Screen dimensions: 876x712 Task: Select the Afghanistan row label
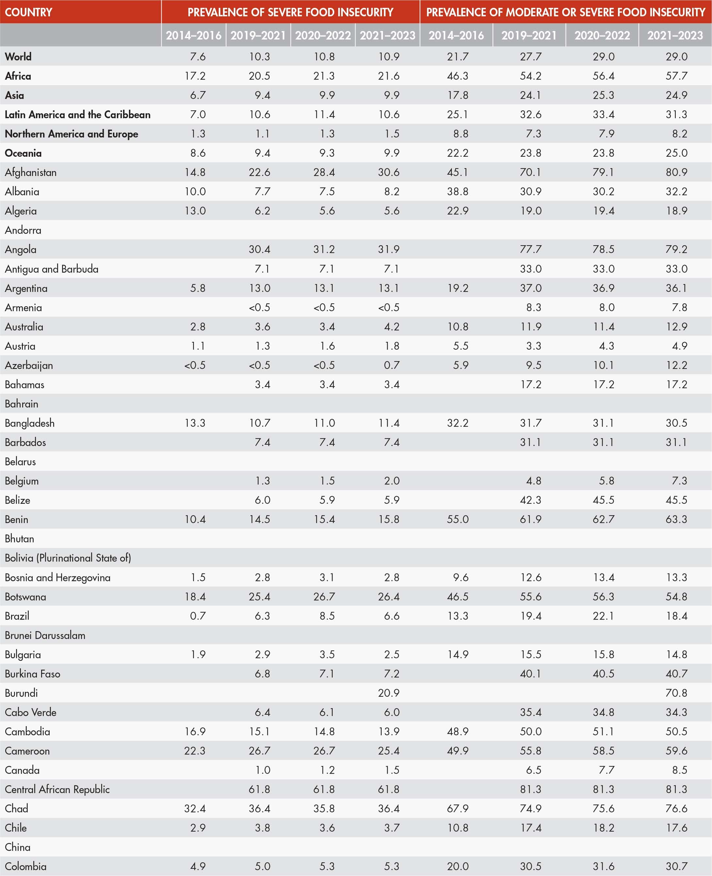(x=31, y=172)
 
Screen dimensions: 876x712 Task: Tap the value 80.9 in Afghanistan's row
(x=676, y=172)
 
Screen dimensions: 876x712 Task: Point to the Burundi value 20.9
(x=388, y=693)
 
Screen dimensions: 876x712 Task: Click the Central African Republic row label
(x=57, y=789)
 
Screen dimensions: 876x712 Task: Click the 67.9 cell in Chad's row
(x=457, y=808)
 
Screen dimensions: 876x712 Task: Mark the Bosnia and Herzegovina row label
(x=57, y=578)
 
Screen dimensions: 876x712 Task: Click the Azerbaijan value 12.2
(x=676, y=365)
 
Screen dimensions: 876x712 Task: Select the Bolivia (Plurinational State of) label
(x=68, y=558)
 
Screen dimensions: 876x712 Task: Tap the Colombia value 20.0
(x=457, y=866)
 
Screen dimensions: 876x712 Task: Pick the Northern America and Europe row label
(x=71, y=134)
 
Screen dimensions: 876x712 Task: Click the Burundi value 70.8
(x=676, y=693)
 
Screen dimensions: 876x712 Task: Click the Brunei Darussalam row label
(x=45, y=635)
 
